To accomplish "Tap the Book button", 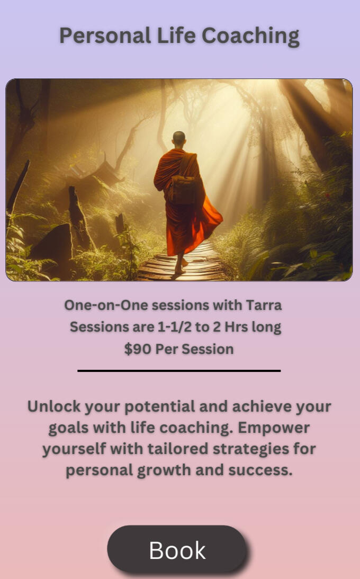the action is coord(177,549).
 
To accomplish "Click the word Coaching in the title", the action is coord(250,37).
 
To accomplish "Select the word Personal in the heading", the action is coord(105,35).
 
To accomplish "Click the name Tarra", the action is coord(264,305).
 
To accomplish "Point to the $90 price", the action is coord(138,349).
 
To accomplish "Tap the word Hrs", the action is coord(236,327).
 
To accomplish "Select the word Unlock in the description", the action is coord(54,406).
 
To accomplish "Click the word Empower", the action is coord(274,428).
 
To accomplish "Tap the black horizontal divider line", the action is coord(179,370).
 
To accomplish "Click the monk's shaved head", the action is coord(179,138).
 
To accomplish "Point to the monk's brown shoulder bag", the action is coord(182,190).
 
